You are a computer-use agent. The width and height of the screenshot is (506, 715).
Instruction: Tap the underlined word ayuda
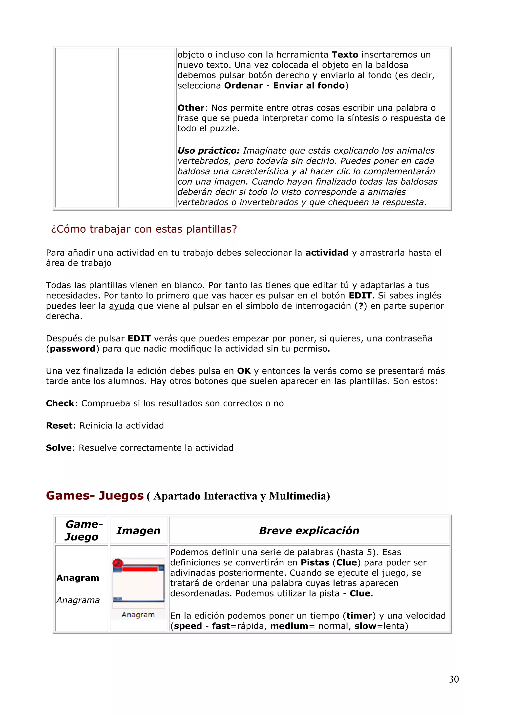click(122, 306)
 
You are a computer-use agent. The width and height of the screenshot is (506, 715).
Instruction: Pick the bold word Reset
click(59, 426)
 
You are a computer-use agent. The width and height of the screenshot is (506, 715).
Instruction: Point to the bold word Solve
click(59, 448)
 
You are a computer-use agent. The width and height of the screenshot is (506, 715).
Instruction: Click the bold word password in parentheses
click(73, 349)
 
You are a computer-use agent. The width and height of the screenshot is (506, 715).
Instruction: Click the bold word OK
click(244, 371)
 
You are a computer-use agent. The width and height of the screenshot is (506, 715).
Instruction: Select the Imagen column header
click(138, 530)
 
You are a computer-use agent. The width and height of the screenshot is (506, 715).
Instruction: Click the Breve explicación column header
click(309, 530)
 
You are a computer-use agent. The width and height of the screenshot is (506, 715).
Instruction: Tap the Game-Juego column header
click(82, 530)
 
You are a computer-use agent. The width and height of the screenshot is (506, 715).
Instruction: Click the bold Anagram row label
click(78, 578)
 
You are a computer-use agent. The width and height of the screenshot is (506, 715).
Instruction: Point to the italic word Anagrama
click(78, 600)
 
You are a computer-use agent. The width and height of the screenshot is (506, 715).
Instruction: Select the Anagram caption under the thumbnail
click(138, 615)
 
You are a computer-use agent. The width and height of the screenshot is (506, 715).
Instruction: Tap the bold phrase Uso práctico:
click(209, 151)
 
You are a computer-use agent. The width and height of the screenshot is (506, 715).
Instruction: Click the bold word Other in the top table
click(191, 108)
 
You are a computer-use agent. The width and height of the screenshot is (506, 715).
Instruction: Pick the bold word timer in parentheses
click(359, 616)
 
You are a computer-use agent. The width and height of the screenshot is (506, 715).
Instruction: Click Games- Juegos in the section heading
click(95, 496)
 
